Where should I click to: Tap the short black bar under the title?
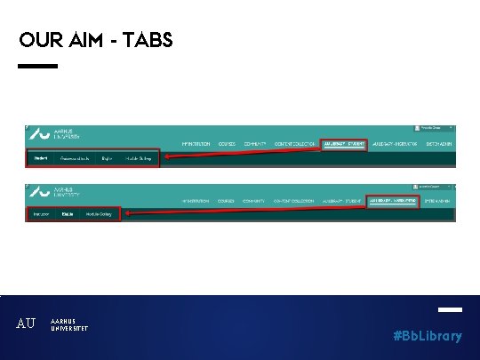(x=37, y=66)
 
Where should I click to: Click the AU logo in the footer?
(x=27, y=324)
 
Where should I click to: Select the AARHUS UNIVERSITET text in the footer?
(x=69, y=324)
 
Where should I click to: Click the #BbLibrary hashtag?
(x=428, y=336)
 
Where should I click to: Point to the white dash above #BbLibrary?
(x=450, y=310)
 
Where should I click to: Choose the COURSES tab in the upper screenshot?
(x=227, y=143)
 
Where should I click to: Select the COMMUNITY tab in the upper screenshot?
(x=256, y=143)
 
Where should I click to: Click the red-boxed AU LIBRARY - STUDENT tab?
(x=344, y=143)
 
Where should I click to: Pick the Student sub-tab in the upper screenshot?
(x=40, y=159)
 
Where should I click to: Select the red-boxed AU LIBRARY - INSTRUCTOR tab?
(x=391, y=201)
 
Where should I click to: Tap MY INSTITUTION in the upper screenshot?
(x=196, y=143)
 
